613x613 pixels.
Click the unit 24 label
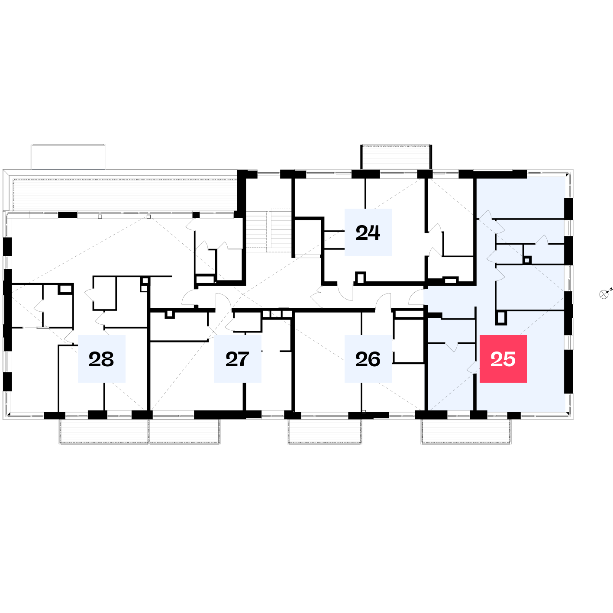(368, 232)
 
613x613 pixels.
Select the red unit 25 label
(503, 359)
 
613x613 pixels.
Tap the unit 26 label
(368, 359)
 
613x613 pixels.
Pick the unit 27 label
(237, 359)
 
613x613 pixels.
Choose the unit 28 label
(101, 359)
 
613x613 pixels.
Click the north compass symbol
(604, 294)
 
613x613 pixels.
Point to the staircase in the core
(269, 231)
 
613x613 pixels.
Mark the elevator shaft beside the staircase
(307, 237)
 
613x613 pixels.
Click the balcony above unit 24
(397, 157)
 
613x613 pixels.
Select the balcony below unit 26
(325, 431)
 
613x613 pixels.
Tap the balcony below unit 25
(466, 431)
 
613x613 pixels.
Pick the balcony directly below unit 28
(104, 431)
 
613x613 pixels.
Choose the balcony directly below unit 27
(185, 431)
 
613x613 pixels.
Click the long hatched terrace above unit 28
(124, 195)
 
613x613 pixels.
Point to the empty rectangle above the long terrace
(68, 157)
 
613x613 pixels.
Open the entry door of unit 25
(416, 297)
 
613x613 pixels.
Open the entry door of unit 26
(383, 301)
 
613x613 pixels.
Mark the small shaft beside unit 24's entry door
(361, 277)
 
